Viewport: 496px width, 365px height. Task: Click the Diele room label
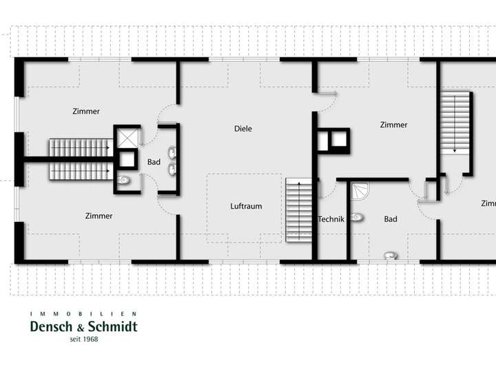[x=242, y=129]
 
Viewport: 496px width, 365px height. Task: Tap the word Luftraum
[x=246, y=207]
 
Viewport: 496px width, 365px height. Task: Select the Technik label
[x=331, y=220]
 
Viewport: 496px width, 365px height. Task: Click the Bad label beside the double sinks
[x=154, y=163]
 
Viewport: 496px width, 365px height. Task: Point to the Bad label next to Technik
[x=391, y=220]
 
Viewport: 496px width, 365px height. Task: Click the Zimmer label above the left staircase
[x=86, y=112]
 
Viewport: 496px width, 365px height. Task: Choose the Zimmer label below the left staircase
[x=99, y=216]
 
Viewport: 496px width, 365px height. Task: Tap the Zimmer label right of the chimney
[x=393, y=125]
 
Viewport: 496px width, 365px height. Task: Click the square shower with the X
[x=127, y=138]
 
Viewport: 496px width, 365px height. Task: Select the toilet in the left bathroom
[x=124, y=180]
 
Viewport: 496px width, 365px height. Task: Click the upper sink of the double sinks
[x=172, y=152]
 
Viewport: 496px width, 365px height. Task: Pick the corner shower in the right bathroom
[x=359, y=192]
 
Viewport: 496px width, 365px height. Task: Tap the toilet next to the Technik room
[x=356, y=219]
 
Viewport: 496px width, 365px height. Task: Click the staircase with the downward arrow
[x=455, y=124]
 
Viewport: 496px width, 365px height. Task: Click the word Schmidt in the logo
[x=110, y=327]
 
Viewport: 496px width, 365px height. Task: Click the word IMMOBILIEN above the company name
[x=83, y=314]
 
